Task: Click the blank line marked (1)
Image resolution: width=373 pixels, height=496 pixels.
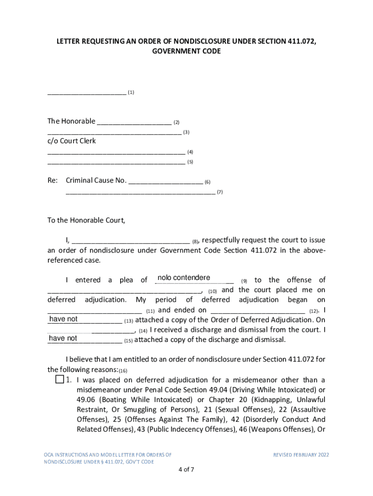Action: coord(87,92)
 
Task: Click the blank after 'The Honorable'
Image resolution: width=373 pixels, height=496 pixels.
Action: coord(134,122)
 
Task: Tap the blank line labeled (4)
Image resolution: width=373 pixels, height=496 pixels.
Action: coord(116,152)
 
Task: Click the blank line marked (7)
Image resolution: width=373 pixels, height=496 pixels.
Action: coord(140,192)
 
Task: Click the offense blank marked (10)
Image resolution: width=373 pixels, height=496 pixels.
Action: coord(124,290)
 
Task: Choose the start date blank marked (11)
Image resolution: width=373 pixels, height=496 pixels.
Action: coord(94,310)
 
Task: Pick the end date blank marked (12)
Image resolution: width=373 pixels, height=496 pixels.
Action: coord(258,310)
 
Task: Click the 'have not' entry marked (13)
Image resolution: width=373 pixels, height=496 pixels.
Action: coord(63,319)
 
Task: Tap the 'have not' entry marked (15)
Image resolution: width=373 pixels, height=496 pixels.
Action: coord(63,339)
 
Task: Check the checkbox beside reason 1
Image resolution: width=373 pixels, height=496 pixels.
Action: coord(60,379)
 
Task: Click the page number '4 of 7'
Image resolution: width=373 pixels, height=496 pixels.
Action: coord(186,469)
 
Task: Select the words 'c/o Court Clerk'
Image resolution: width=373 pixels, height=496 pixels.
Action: coord(72,141)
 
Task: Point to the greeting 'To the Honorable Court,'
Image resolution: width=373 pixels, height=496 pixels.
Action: coord(86,220)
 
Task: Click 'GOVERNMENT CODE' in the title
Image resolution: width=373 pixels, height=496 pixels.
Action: coord(186,51)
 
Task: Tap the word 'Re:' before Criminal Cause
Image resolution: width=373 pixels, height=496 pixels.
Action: coord(52,181)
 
